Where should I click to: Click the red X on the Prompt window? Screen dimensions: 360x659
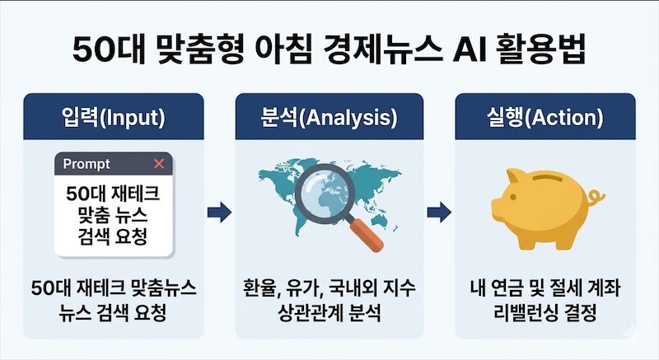click(159, 164)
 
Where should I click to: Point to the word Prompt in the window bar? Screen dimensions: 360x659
click(86, 164)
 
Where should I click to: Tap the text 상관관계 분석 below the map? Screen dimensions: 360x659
click(329, 315)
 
